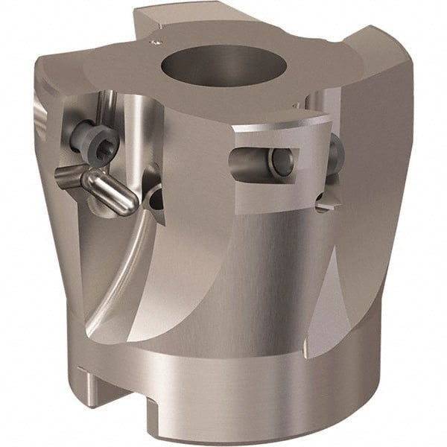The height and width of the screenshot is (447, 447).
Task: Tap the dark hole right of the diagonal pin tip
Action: [x=156, y=199]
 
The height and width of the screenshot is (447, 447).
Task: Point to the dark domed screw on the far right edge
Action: [x=334, y=153]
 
